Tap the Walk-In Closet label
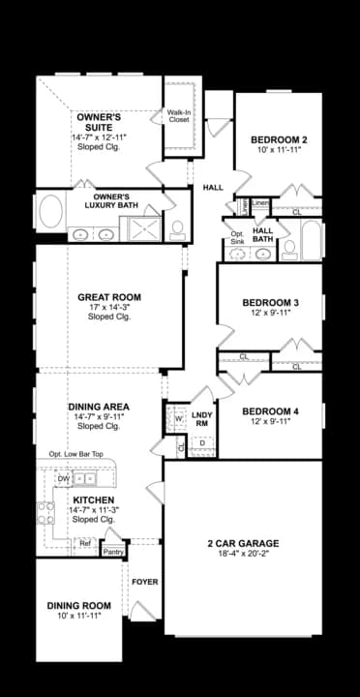tap(179, 117)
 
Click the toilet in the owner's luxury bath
tap(177, 229)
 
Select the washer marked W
tap(178, 419)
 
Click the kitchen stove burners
tap(45, 513)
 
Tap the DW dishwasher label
tap(63, 478)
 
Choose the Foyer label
tap(145, 582)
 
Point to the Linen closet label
tap(260, 203)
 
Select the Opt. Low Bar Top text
tap(77, 454)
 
